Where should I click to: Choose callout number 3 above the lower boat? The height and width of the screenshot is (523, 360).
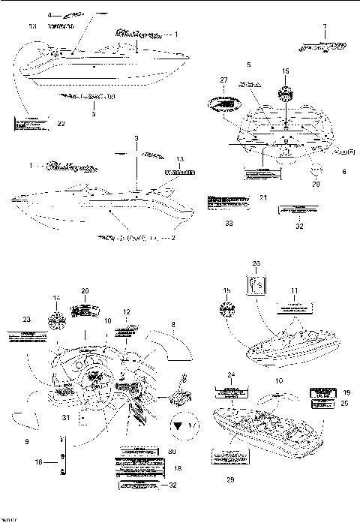click(x=136, y=140)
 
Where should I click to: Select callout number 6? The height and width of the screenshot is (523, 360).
click(x=344, y=172)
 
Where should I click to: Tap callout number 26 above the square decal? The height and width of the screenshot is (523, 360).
click(x=255, y=263)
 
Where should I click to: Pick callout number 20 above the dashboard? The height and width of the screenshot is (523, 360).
click(x=85, y=290)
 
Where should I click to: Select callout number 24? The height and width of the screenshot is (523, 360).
click(x=231, y=374)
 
